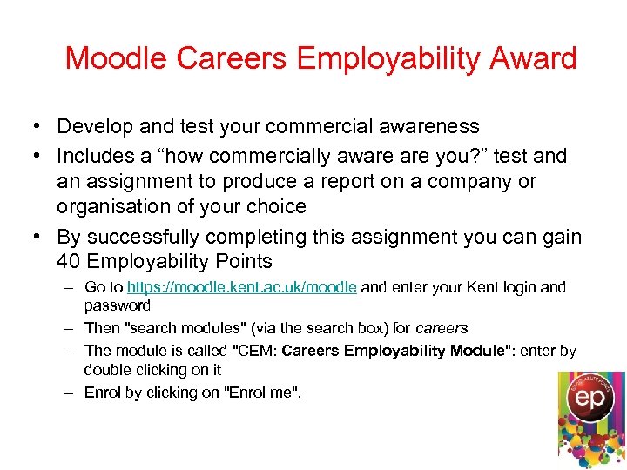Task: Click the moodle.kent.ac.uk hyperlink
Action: (x=241, y=287)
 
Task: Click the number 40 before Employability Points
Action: (x=69, y=261)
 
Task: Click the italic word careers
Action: (x=442, y=328)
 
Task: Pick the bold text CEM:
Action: (x=260, y=351)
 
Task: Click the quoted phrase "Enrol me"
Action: (x=263, y=393)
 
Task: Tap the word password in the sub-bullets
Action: (x=118, y=305)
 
